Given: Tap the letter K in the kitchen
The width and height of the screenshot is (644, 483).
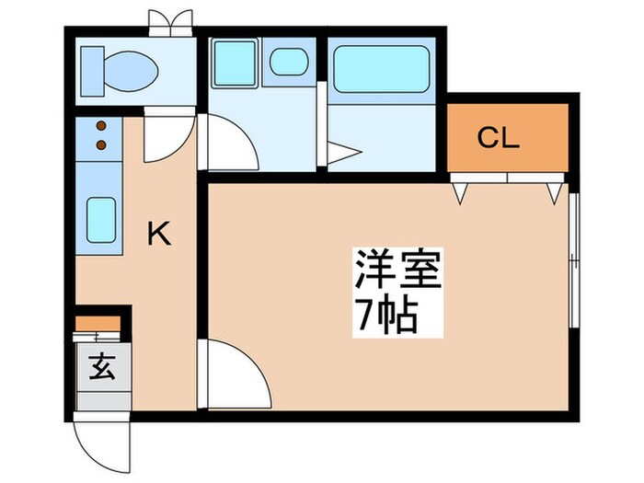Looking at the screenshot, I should [x=159, y=236].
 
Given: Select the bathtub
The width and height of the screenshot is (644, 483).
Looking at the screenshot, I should [x=381, y=69].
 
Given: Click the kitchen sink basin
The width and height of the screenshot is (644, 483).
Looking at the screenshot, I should [x=100, y=218].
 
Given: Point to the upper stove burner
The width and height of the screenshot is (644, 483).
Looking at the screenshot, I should [x=100, y=126].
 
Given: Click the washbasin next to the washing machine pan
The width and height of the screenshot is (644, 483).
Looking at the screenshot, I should [x=288, y=63].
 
